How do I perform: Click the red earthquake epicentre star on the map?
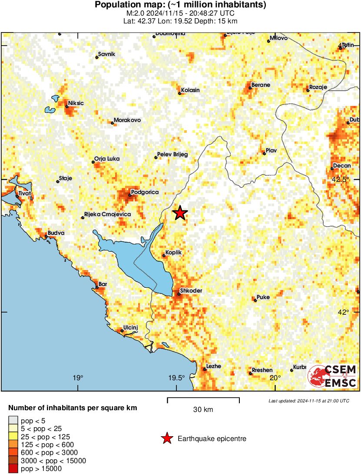pyautogui.click(x=180, y=213)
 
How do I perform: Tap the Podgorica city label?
pyautogui.click(x=145, y=192)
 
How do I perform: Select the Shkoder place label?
pyautogui.click(x=191, y=291)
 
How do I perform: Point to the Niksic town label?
pyautogui.click(x=76, y=103)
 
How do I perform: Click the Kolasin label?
pyautogui.click(x=190, y=90)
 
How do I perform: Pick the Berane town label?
pyautogui.click(x=261, y=85)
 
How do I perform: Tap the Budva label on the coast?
pyautogui.click(x=56, y=233)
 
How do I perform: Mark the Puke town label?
pyautogui.click(x=263, y=297)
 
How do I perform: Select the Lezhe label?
pyautogui.click(x=213, y=366)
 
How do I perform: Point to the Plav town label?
pyautogui.click(x=271, y=150)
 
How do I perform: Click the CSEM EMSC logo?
pyautogui.click(x=332, y=376)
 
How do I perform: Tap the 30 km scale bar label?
pyautogui.click(x=203, y=410)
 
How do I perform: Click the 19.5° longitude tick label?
pyautogui.click(x=177, y=378)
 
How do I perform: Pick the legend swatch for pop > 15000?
pyautogui.click(x=13, y=468)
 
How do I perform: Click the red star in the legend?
pyautogui.click(x=166, y=439)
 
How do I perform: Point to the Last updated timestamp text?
pyautogui.click(x=308, y=401)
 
